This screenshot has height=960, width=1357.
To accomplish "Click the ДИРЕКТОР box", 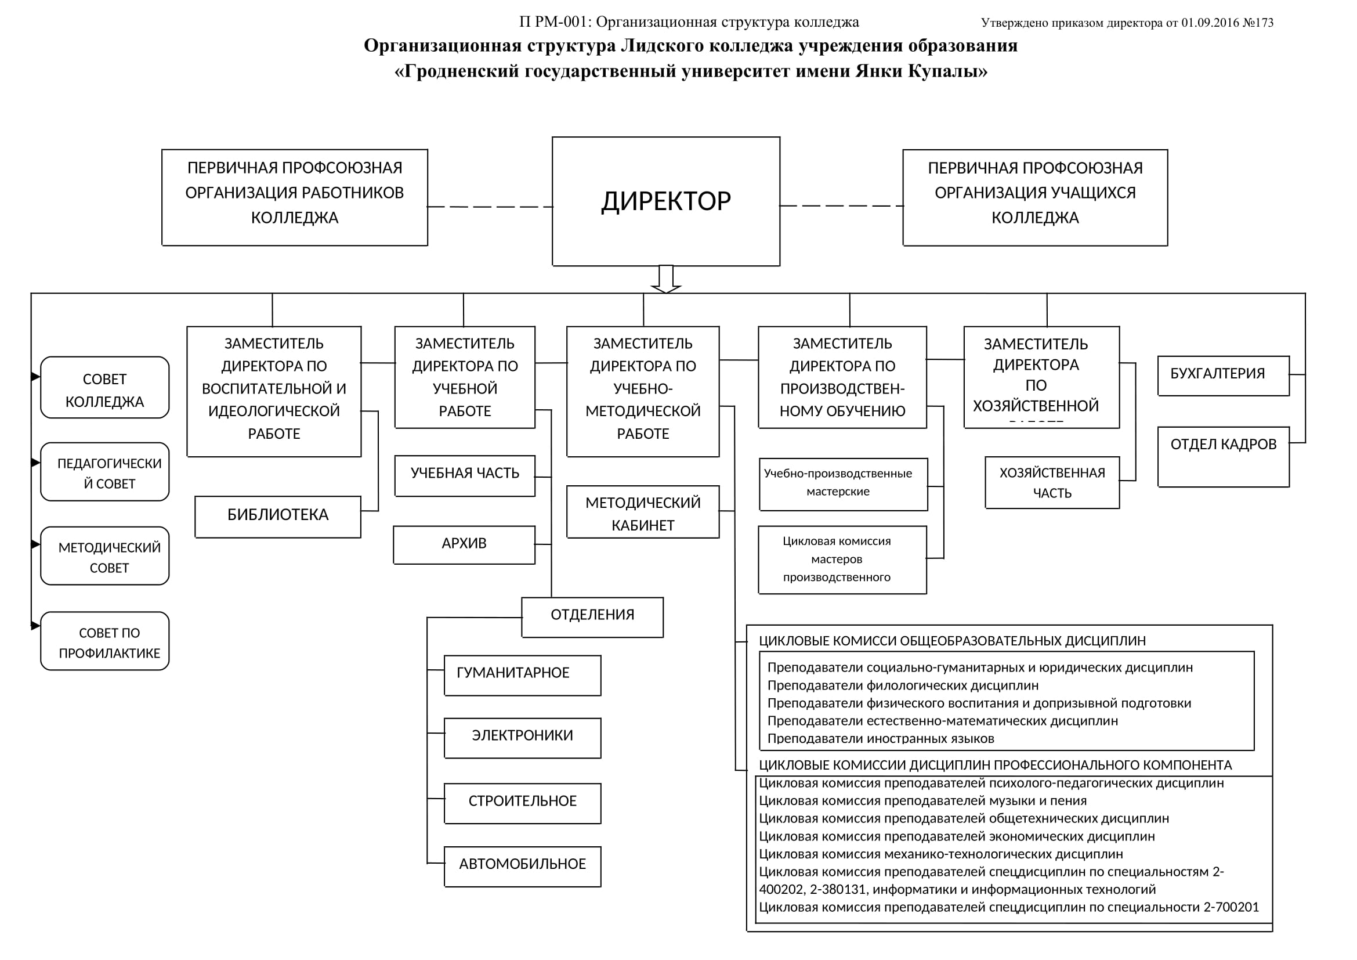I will point(665,201).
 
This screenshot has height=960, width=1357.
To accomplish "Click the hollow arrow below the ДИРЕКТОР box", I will point(665,280).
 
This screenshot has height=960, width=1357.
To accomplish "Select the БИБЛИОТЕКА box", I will point(278,516).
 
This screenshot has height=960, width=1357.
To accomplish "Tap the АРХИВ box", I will point(464,544).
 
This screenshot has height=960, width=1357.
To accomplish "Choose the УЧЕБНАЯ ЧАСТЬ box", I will point(465,475).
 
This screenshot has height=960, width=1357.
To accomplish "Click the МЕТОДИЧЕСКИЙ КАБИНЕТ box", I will point(642,512).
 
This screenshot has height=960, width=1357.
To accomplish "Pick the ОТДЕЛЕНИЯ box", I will point(592,616).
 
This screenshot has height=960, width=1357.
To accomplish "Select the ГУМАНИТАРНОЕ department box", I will point(522,674).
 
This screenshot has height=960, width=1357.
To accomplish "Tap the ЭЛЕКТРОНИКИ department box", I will point(522,737).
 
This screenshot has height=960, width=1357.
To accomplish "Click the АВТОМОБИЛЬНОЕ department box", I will point(522,866).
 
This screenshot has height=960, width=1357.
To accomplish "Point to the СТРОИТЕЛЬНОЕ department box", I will point(522,803).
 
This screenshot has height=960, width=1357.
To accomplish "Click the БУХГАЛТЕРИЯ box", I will point(1223,376).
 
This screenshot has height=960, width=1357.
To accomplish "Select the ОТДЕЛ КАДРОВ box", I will point(1223,456).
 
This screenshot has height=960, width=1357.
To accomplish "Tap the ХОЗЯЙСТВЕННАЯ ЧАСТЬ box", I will point(1051,482).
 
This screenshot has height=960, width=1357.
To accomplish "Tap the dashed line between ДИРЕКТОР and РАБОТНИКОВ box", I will point(490,207).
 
